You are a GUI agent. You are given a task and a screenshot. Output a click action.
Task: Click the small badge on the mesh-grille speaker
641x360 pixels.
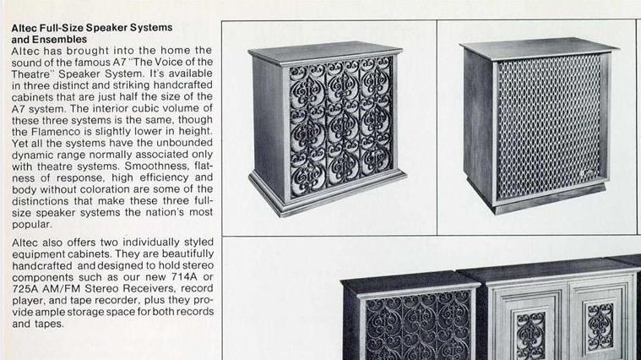tap(587, 173)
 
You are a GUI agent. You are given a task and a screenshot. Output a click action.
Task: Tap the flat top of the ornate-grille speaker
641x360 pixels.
tap(325, 52)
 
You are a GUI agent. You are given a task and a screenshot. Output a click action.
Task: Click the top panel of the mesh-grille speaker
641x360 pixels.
tap(539, 48)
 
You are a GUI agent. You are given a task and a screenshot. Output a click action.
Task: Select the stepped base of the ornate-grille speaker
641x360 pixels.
tap(327, 193)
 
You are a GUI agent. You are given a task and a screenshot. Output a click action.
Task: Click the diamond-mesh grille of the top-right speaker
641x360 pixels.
tap(549, 127)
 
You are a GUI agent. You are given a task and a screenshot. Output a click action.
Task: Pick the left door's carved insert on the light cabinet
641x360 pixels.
tap(530, 335)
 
